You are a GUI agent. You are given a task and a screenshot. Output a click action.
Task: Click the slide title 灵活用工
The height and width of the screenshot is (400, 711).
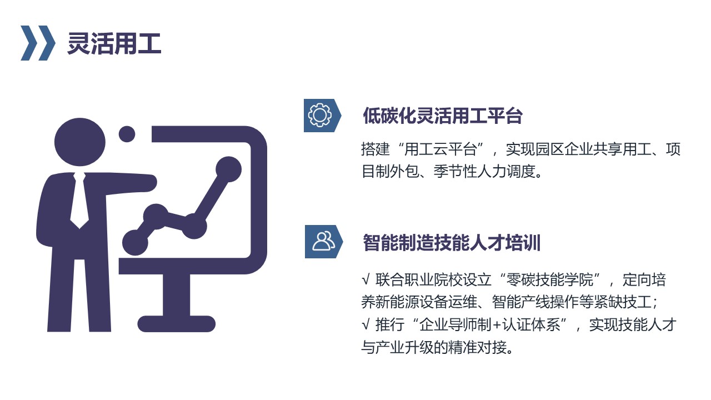(114, 43)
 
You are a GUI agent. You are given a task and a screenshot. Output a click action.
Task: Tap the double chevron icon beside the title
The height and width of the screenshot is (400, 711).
(38, 43)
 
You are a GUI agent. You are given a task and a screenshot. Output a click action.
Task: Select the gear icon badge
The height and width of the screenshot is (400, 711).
(322, 115)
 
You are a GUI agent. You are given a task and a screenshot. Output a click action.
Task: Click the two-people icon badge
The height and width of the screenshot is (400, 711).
(323, 242)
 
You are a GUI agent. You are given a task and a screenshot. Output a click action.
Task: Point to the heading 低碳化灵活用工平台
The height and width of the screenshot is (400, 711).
(443, 116)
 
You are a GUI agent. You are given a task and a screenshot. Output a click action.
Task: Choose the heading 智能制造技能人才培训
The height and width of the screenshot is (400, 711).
(452, 243)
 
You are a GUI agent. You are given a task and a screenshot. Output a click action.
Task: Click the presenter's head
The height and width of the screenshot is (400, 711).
(79, 142)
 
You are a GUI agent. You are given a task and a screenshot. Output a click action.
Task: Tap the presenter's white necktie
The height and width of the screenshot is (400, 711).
(79, 200)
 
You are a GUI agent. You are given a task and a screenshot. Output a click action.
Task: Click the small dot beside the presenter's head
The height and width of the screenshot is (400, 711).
(127, 134)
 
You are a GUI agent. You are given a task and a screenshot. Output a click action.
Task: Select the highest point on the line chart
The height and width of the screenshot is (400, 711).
(228, 169)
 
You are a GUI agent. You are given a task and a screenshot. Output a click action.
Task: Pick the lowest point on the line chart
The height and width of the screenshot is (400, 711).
(135, 243)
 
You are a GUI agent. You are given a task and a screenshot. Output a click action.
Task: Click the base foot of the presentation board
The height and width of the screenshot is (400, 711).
(177, 324)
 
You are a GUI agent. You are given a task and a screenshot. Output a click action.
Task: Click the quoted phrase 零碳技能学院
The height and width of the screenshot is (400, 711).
(549, 279)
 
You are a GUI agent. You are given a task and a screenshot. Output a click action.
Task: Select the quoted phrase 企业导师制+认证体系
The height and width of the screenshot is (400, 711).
(490, 325)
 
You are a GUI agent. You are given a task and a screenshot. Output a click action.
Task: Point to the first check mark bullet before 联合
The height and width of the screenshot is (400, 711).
(365, 279)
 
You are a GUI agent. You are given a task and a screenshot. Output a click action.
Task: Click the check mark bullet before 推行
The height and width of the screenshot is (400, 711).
(365, 325)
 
